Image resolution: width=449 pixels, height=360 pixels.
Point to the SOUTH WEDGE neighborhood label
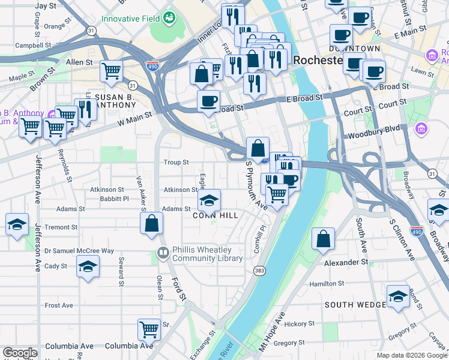(x=355, y=305)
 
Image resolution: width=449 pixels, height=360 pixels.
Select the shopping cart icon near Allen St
(x=112, y=71)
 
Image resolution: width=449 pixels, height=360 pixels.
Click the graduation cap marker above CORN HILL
(x=209, y=199)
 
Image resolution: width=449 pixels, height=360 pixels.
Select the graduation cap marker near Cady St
(x=88, y=266)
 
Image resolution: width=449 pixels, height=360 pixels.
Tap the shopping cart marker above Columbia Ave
(x=149, y=329)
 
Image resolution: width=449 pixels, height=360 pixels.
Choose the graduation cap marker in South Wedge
(x=398, y=296)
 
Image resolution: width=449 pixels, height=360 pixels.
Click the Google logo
(x=20, y=353)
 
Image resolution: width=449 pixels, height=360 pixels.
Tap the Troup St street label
(x=176, y=163)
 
